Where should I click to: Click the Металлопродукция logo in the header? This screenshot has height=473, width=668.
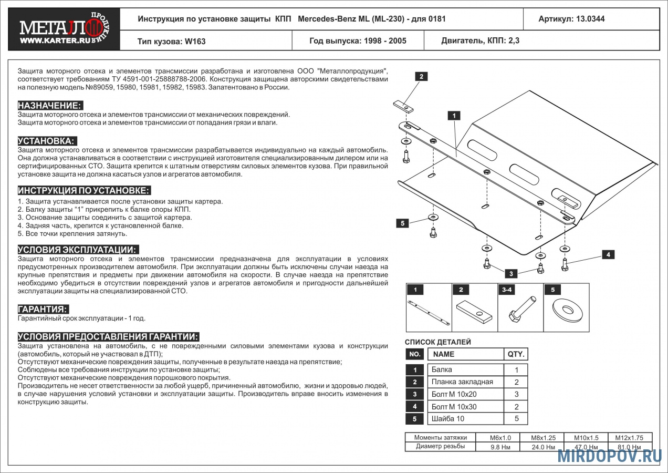pos(64,29)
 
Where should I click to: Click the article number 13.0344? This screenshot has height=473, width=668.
pos(590,19)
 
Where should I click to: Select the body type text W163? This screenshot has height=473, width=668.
pos(195,42)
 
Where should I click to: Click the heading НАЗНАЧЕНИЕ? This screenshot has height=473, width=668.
pos(50,106)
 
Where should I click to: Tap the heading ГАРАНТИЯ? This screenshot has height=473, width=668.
pos(43,309)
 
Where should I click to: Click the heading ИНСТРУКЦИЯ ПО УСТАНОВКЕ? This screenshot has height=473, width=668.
pos(84,190)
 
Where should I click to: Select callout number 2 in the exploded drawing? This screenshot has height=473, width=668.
pos(421,76)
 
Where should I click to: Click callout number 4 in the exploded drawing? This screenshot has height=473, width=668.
pos(608,254)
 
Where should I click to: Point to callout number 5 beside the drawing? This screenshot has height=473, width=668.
pos(403,223)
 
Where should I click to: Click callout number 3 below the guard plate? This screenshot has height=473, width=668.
pos(511,274)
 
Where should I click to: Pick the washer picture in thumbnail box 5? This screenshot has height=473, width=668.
pos(567,311)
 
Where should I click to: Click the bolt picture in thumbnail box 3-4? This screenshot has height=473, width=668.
pos(522,309)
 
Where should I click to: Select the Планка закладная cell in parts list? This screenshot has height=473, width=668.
pos(466,382)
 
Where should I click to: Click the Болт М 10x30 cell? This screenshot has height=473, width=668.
pos(466,407)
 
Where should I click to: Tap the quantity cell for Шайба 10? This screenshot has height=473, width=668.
pos(516,419)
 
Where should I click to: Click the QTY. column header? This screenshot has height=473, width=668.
pos(516,354)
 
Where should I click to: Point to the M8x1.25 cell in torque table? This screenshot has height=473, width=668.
pos(543,438)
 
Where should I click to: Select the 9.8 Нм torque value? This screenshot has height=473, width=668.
pos(500,447)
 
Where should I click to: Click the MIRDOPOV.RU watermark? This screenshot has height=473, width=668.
pos(610,456)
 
